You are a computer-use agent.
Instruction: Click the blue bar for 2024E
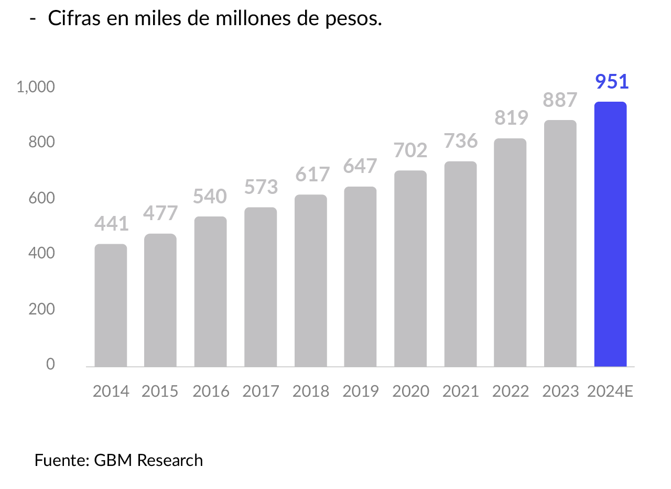(610, 234)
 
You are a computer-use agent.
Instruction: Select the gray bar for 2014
(111, 305)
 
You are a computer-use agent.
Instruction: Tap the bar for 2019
(360, 277)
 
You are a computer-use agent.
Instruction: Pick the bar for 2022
(510, 253)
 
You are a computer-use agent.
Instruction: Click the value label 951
(612, 82)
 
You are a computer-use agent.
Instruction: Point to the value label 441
(112, 224)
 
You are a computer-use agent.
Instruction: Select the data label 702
(410, 150)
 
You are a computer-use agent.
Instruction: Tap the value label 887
(560, 100)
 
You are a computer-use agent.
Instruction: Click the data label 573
(261, 187)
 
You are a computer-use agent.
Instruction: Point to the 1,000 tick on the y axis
(36, 87)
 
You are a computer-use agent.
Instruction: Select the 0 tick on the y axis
(50, 364)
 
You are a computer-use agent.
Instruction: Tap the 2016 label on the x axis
(211, 392)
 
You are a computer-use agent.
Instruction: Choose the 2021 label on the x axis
(460, 392)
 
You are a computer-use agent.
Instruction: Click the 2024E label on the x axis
(610, 392)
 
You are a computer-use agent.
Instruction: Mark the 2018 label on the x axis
(310, 392)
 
